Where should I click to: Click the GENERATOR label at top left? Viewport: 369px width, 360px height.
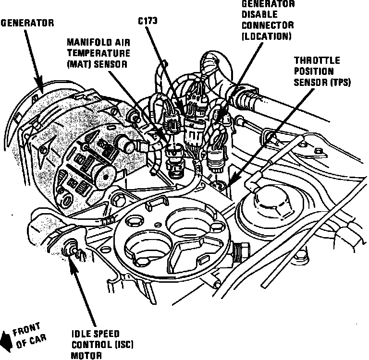[x=27, y=23]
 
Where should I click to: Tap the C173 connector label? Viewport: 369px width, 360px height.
[x=148, y=21]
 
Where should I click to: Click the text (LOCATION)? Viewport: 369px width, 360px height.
[x=266, y=36]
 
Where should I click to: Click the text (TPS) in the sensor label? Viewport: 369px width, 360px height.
[x=339, y=82]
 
